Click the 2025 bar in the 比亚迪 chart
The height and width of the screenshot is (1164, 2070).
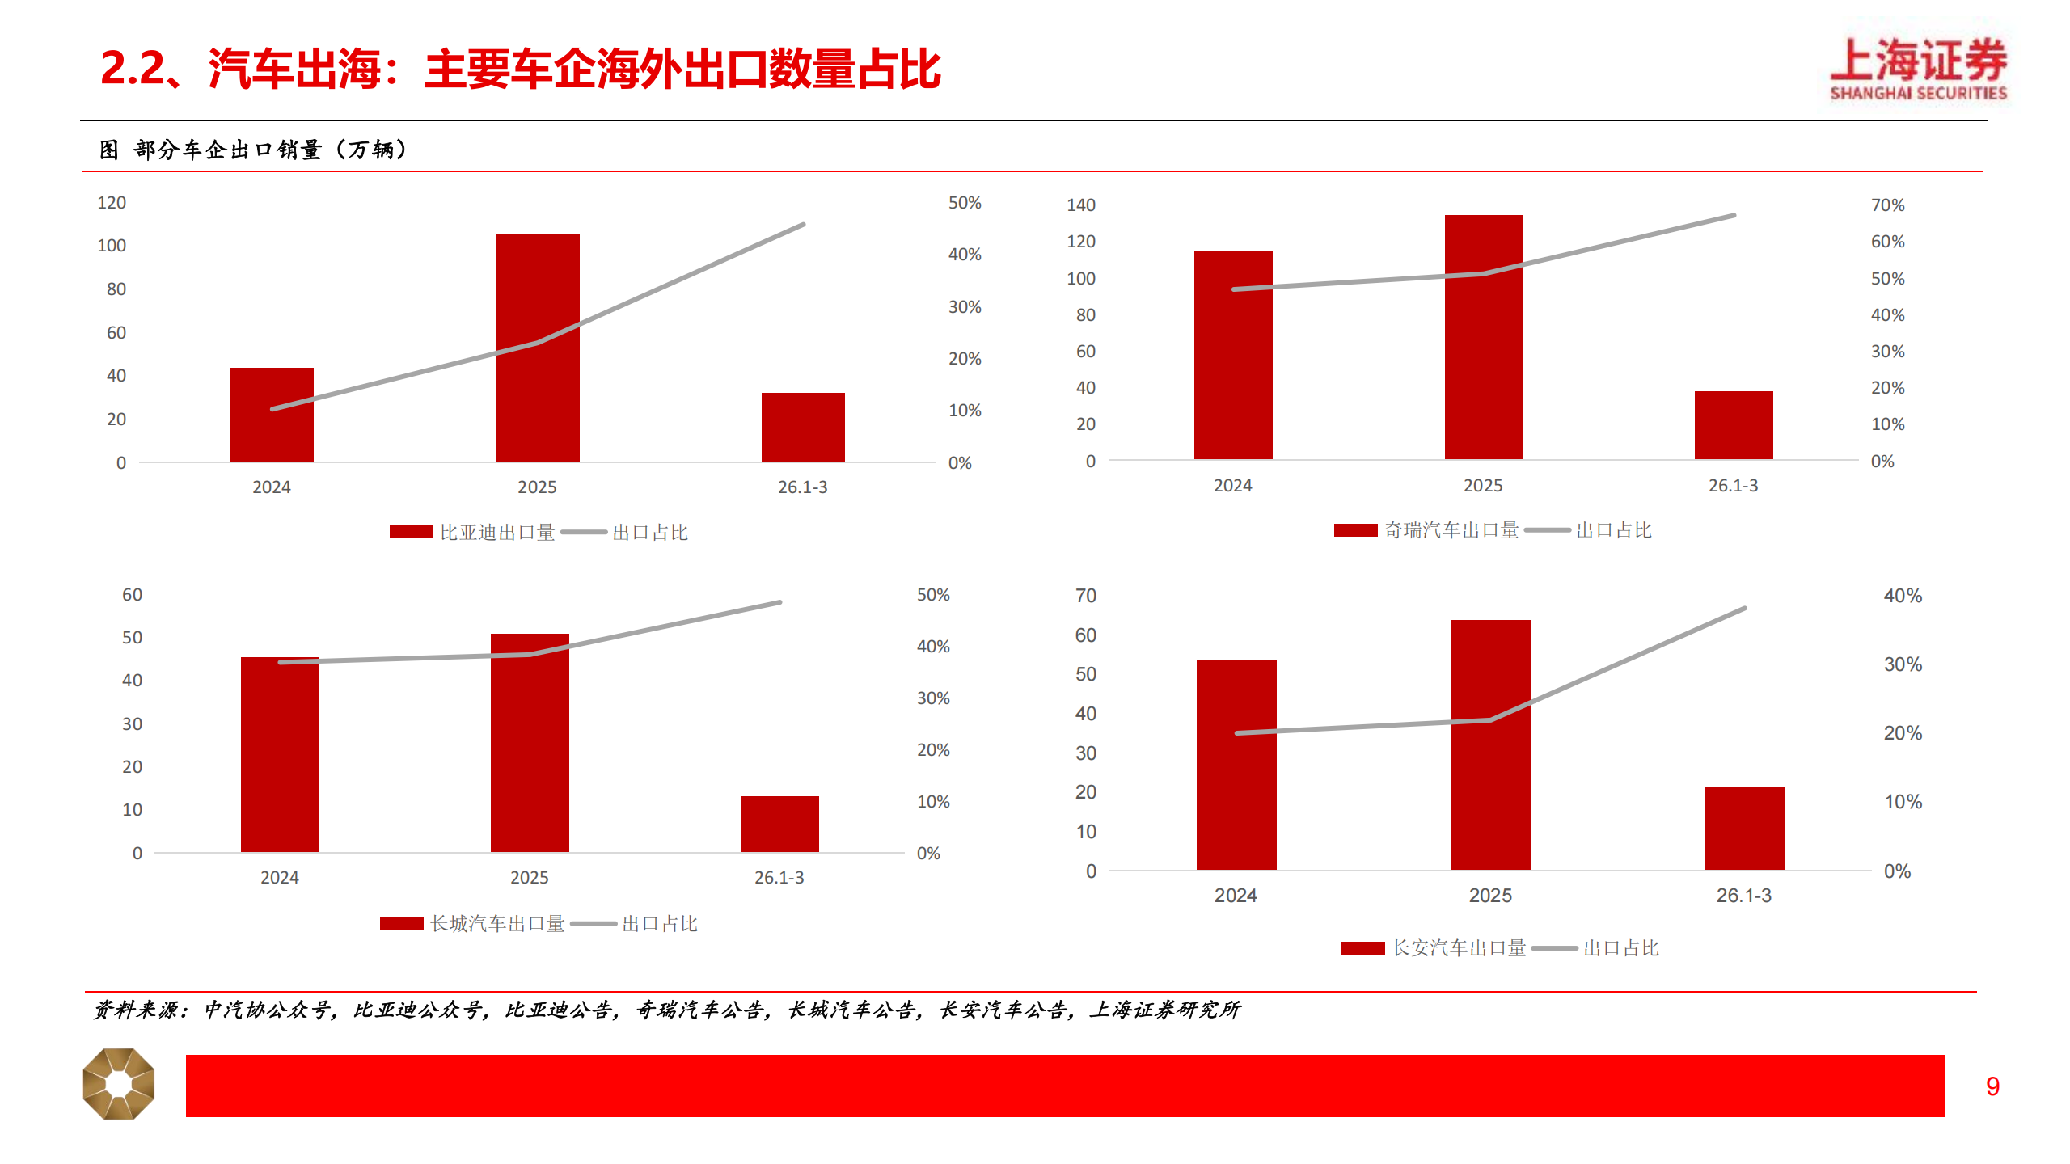point(538,348)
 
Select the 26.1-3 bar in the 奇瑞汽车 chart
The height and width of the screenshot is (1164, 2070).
point(1734,425)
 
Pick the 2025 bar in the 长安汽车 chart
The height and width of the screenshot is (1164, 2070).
point(1490,744)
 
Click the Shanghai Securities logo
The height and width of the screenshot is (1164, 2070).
point(1918,70)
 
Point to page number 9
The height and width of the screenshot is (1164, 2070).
point(1992,1086)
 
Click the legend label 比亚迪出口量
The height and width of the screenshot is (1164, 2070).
point(497,533)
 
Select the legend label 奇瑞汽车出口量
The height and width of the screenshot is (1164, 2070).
point(1451,530)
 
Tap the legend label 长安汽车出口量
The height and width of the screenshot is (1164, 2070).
point(1459,948)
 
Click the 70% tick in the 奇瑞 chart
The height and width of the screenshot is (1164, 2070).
point(1887,205)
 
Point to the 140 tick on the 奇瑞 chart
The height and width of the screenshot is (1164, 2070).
point(1080,205)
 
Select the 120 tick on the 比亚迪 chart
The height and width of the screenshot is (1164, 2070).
point(112,203)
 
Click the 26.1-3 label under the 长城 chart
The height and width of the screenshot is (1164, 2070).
point(779,878)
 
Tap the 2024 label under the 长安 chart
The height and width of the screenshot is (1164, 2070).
point(1235,896)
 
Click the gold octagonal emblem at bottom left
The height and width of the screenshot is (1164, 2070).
point(119,1084)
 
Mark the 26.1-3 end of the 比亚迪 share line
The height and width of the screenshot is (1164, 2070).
point(803,225)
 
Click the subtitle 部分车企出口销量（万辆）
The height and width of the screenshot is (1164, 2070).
point(271,150)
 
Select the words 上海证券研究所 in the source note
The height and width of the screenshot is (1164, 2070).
point(1164,1010)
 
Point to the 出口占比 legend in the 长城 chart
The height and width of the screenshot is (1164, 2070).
point(659,924)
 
